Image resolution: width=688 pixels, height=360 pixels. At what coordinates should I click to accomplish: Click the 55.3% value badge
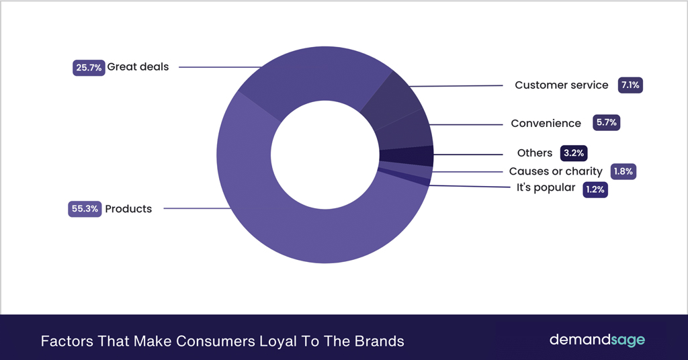85,209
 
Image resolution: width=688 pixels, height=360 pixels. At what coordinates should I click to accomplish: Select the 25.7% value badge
89,67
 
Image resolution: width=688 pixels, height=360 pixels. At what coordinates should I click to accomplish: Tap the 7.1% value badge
631,85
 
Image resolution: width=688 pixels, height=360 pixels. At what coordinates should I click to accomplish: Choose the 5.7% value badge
606,124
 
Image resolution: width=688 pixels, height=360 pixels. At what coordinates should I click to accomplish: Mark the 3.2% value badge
574,153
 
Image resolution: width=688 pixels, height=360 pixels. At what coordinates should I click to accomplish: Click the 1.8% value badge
623,172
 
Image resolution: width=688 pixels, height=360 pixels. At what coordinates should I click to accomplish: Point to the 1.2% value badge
595,189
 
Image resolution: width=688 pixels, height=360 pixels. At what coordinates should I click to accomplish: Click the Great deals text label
138,67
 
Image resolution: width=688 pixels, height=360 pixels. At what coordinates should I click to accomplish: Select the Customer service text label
561,85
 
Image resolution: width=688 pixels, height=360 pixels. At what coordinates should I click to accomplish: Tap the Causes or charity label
556,172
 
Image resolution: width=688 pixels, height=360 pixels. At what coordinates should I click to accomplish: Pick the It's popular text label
546,188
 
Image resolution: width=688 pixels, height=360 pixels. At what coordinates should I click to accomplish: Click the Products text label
128,209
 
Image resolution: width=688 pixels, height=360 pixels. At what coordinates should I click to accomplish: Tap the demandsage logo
597,340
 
